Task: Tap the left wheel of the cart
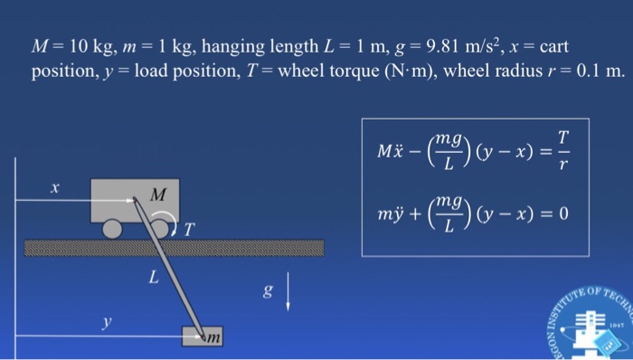(x=113, y=230)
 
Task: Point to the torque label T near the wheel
(x=189, y=230)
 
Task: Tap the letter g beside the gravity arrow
(x=266, y=291)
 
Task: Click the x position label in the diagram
(x=54, y=188)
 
